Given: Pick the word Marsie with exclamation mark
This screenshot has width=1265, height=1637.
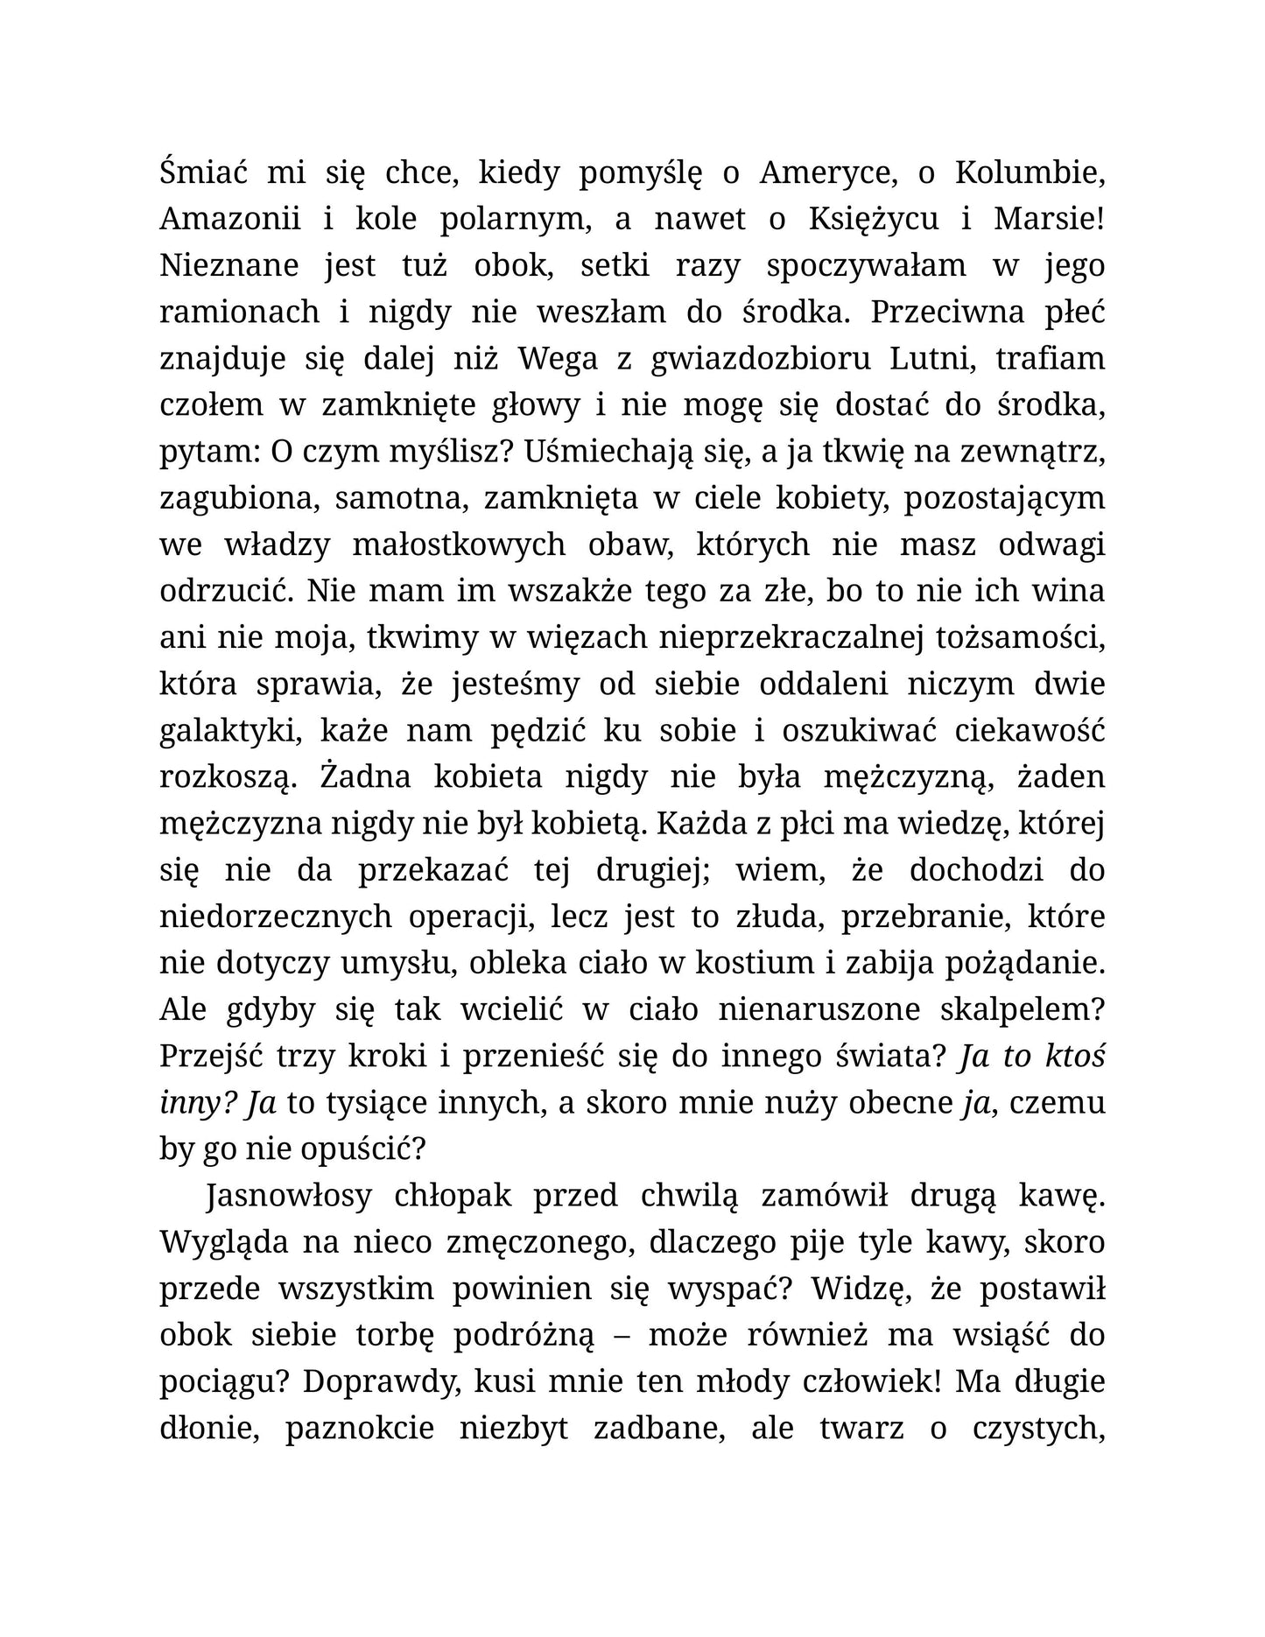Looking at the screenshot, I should (1049, 219).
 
